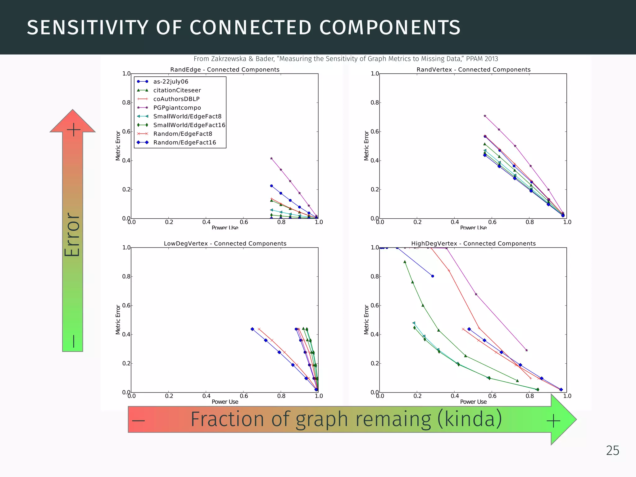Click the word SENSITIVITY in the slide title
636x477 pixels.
coord(87,28)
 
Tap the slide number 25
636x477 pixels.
coord(612,451)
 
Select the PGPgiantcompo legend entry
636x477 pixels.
coord(177,108)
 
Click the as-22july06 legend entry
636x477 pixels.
coord(170,82)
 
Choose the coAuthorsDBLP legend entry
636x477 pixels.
coord(176,99)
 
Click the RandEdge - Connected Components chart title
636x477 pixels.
coord(225,70)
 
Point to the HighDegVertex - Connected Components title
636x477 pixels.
coord(473,243)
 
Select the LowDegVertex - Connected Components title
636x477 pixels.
coord(225,243)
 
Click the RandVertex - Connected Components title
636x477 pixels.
coord(473,70)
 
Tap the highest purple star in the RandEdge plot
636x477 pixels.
coord(271,158)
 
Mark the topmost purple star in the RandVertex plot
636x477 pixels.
coord(485,116)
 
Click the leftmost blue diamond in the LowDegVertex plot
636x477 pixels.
coord(252,329)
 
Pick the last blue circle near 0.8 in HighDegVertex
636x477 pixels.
coord(433,276)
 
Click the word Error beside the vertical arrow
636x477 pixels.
coord(72,234)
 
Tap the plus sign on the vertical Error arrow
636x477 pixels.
coord(74,129)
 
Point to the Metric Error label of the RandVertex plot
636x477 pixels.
coord(366,146)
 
